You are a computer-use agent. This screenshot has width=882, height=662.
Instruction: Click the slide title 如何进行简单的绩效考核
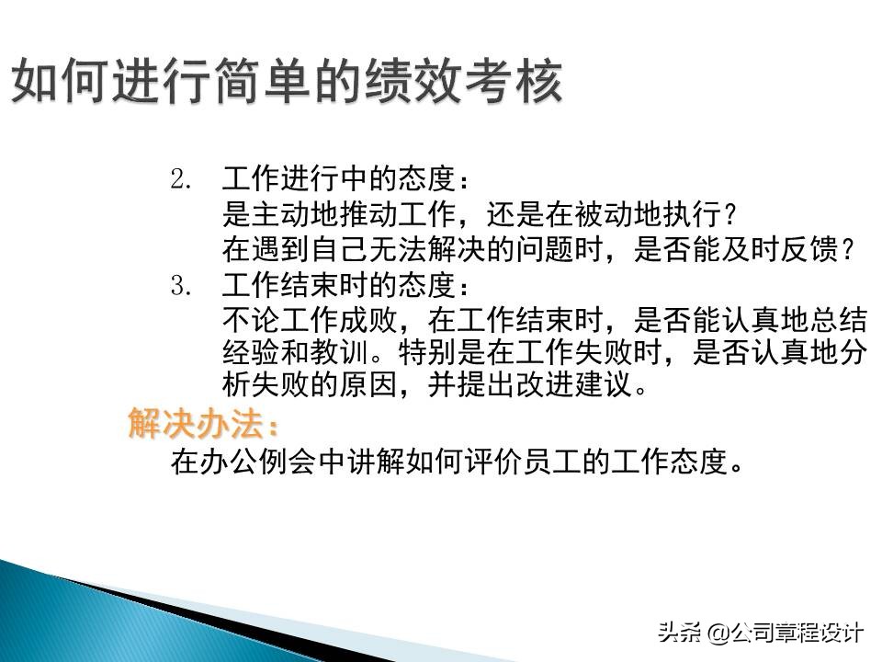[287, 84]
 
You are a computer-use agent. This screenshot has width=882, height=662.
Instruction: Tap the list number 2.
[179, 178]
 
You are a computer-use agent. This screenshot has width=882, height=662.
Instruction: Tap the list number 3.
[179, 286]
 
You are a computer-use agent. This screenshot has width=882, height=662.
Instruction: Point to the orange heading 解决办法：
[203, 425]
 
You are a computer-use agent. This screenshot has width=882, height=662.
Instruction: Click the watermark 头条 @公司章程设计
[759, 633]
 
